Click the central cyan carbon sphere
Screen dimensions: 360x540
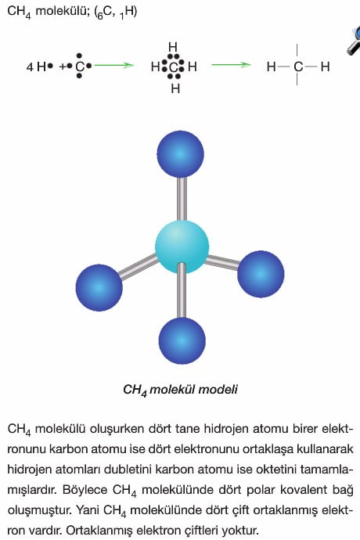pos(182,247)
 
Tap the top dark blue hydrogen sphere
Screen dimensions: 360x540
pos(180,154)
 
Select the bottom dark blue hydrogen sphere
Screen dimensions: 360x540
pos(182,340)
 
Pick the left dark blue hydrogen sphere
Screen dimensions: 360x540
pos(99,287)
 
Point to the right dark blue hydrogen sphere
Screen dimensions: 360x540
pos(261,274)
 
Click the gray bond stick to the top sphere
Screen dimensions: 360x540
pos(182,199)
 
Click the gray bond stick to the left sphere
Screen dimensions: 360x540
pos(138,266)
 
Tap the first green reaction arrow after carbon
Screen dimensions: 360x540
pos(113,65)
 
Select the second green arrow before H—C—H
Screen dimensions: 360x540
pos(231,65)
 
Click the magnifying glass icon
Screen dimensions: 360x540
pos(355,41)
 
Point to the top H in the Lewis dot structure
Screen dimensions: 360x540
pos(173,47)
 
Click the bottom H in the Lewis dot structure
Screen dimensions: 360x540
pos(175,89)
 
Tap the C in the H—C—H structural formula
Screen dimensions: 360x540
pos(298,67)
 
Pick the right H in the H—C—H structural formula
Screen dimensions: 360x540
pos(326,67)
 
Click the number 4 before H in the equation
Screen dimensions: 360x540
pos(30,67)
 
